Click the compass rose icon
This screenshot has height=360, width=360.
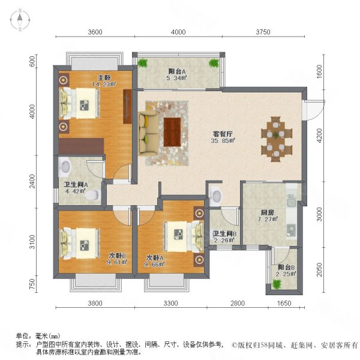click(x=20, y=20)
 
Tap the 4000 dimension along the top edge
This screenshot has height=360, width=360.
click(x=178, y=32)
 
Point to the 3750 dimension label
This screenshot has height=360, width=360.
click(x=263, y=32)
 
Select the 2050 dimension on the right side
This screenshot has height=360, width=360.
click(x=319, y=270)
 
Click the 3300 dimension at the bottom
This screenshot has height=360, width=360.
click(x=170, y=303)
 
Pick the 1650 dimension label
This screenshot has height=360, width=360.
click(x=284, y=303)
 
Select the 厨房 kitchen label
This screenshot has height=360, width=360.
click(x=268, y=213)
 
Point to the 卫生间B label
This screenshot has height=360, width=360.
click(x=224, y=234)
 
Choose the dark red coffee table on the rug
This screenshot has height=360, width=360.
click(x=172, y=131)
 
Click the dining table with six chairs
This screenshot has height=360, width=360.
click(x=277, y=139)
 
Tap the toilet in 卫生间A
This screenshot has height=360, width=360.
click(x=93, y=195)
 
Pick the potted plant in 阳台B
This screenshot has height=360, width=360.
click(x=277, y=284)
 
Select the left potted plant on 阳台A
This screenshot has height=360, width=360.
click(x=143, y=62)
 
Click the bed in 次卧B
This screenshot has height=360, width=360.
click(x=80, y=244)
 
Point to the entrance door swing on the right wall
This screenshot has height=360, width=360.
click(x=314, y=110)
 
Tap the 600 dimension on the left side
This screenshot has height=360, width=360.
click(x=32, y=62)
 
